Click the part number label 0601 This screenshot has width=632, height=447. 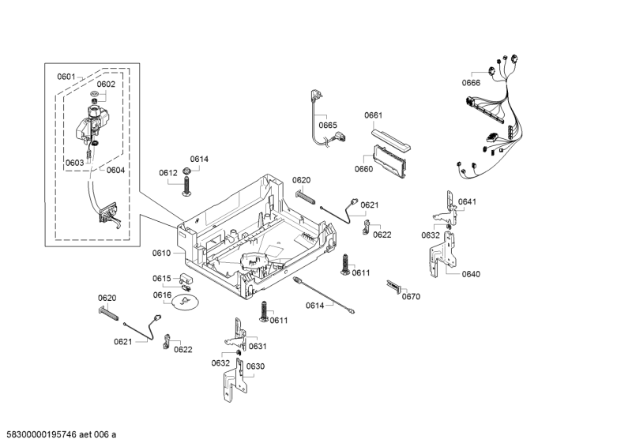[x=66, y=77]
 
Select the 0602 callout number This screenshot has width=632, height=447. [x=106, y=84]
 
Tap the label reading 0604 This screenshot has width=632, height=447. [x=115, y=170]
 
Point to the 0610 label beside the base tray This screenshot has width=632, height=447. [x=161, y=253]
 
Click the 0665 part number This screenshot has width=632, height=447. [x=328, y=125]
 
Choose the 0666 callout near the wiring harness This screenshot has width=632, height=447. [x=472, y=83]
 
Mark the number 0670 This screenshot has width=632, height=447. [x=411, y=297]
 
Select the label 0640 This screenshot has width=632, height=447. [x=471, y=274]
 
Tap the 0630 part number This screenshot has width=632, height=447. [x=255, y=366]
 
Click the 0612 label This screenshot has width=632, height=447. [x=167, y=172]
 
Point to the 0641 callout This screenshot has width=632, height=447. [x=468, y=202]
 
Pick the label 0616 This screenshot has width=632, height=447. [x=162, y=295]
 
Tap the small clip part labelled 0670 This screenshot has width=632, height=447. [x=393, y=286]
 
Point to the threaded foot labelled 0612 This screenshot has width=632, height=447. [x=188, y=184]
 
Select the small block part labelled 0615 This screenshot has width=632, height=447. [x=187, y=279]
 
